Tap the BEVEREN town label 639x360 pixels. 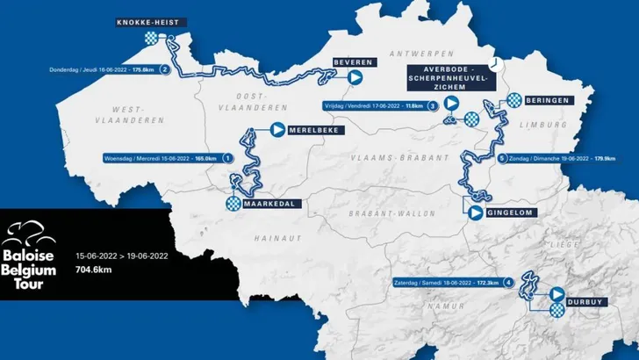[x=355, y=62]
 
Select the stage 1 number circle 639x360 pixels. [x=228, y=159]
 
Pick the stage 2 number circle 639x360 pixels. [x=164, y=70]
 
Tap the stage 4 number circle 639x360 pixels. [x=509, y=282]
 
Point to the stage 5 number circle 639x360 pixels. [x=502, y=159]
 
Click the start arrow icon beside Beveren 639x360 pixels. [x=355, y=77]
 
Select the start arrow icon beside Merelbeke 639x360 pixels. [x=278, y=130]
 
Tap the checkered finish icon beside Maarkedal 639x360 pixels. [x=233, y=204]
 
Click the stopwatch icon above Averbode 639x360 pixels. [x=497, y=64]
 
